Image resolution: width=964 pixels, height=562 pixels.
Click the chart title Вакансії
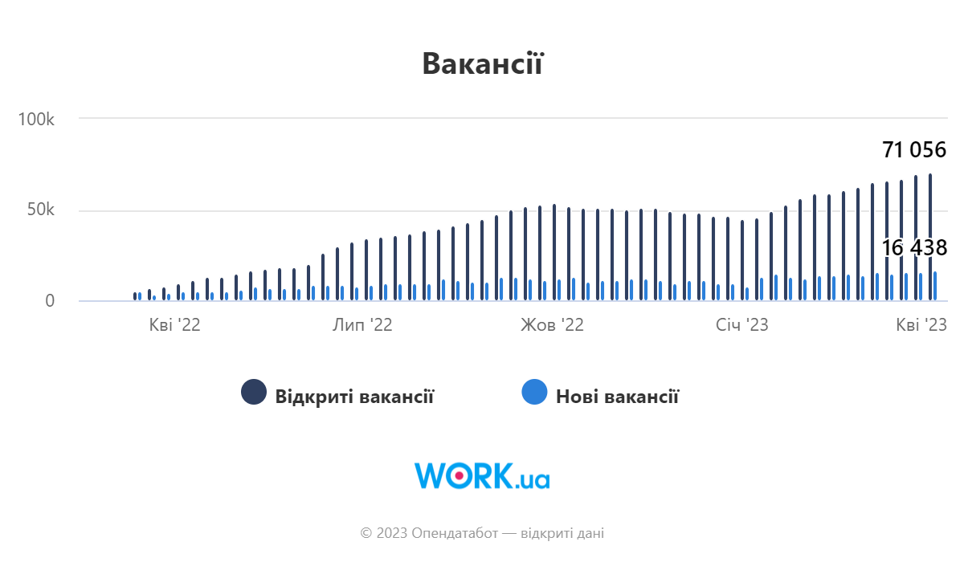point(483,63)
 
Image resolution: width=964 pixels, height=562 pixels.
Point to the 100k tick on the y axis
point(36,119)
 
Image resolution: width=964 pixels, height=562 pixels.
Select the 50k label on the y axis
point(41,210)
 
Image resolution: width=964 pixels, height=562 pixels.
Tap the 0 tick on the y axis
point(50,301)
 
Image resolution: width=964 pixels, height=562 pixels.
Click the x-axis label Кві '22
point(175,325)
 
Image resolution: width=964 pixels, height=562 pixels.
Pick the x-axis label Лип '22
point(362,325)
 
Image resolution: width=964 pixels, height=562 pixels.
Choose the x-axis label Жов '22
point(552,325)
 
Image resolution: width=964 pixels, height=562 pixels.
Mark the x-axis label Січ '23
point(742,325)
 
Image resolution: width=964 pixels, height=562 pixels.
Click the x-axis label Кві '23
point(921,325)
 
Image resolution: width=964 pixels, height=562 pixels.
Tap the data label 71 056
point(914,150)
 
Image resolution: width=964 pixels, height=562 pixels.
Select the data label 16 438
point(914,248)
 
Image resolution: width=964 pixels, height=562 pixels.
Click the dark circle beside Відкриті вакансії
point(254,392)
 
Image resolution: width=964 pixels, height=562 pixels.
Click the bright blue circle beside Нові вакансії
point(534,392)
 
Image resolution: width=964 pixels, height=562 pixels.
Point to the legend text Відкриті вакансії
point(354,396)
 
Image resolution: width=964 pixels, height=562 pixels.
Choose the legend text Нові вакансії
point(617,396)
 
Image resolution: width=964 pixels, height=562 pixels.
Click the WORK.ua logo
point(482,475)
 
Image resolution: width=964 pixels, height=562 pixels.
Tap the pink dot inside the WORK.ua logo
point(459,475)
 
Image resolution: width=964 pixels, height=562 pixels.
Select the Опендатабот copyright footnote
point(482,533)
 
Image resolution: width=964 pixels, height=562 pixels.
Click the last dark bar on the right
point(930,237)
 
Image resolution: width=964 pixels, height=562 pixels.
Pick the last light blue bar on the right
point(935,286)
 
